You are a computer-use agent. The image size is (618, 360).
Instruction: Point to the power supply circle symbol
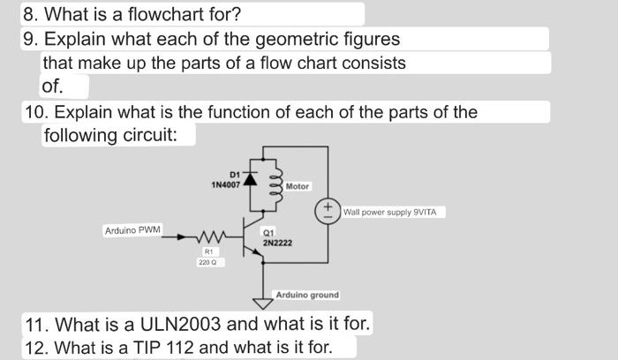328,212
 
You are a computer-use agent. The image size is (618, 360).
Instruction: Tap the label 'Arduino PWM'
132,230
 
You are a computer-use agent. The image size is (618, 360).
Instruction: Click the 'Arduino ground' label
307,295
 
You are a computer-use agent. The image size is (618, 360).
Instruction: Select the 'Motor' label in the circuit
298,186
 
